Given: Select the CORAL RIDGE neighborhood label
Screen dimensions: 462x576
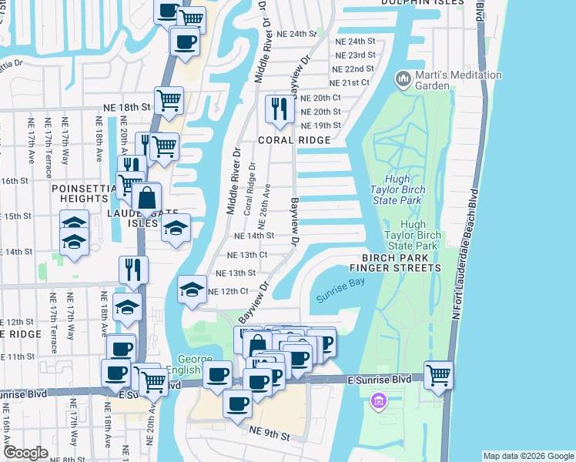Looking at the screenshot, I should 293,140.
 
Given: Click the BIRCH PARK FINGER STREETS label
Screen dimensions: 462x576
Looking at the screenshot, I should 395,263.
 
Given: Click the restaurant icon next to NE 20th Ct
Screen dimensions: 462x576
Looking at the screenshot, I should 278,109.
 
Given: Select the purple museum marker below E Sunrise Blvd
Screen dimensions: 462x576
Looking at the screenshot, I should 377,401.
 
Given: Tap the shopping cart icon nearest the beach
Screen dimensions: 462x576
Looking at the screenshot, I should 438,376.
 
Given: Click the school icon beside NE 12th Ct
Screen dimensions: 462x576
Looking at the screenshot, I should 192,290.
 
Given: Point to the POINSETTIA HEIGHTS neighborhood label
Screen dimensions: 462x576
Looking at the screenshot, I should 84,194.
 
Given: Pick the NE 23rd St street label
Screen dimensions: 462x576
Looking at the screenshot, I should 356,55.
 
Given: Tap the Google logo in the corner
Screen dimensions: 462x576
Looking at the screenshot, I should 25,452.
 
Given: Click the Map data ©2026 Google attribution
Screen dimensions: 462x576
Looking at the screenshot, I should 527,456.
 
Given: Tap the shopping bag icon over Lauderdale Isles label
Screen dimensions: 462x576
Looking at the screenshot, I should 146,199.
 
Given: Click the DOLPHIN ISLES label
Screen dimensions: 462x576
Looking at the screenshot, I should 421,3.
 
